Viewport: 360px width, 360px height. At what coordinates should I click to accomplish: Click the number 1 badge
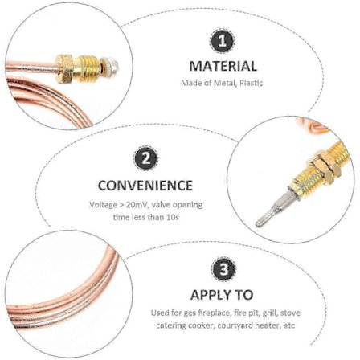point(223,42)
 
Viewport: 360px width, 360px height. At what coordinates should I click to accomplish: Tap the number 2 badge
point(145,159)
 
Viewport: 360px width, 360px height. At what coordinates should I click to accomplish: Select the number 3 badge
point(223,269)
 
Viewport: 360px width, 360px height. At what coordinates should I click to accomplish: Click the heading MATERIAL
point(223,66)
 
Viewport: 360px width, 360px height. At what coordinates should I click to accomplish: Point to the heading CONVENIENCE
point(145,185)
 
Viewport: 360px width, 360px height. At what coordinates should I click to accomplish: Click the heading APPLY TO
point(222,295)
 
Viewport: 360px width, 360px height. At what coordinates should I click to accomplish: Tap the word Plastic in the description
point(251,83)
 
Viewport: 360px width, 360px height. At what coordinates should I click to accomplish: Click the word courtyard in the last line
point(235,325)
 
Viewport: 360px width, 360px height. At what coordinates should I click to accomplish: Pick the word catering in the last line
point(170,325)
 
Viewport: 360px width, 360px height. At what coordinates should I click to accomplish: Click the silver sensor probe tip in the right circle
point(266,215)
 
